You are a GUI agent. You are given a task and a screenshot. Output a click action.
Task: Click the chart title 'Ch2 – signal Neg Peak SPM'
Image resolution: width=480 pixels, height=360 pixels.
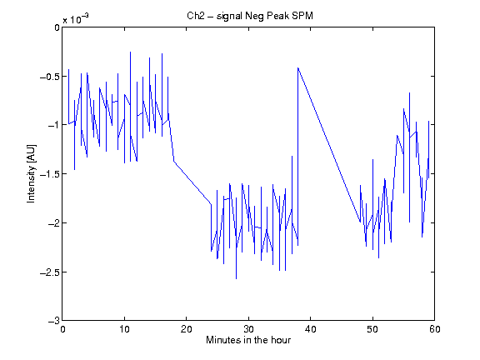[x=250, y=16]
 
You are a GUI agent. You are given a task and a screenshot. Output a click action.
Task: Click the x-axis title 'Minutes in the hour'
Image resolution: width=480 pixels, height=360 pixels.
[x=248, y=340]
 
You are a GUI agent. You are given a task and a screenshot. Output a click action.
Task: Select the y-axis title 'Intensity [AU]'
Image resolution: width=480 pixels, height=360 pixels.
[x=31, y=173]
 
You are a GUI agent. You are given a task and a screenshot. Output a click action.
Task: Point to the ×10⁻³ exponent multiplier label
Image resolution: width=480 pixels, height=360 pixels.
[x=76, y=19]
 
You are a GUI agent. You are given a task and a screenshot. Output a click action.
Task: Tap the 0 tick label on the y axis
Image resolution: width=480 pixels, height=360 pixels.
[x=57, y=27]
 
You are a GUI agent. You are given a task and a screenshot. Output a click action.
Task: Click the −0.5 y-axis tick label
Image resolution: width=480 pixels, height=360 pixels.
[x=50, y=77]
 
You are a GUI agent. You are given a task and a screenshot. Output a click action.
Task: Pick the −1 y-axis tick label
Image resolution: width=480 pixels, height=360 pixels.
[x=53, y=125]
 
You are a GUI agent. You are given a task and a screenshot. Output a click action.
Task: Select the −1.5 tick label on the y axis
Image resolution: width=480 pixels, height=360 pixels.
[x=50, y=174]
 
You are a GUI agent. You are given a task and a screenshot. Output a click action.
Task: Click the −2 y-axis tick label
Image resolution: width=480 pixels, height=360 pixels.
[x=53, y=222]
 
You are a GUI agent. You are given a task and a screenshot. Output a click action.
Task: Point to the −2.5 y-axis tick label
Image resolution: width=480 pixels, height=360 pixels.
[x=50, y=272]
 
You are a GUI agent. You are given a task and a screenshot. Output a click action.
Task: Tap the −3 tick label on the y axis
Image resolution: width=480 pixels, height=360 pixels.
[x=53, y=321]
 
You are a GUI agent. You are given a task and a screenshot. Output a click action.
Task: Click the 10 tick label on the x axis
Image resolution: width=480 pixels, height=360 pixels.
[x=124, y=329]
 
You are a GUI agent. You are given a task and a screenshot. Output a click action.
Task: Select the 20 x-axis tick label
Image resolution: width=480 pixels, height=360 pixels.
[x=186, y=329]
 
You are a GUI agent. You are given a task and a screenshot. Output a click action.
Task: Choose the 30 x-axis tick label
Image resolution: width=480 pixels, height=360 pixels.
[x=248, y=329]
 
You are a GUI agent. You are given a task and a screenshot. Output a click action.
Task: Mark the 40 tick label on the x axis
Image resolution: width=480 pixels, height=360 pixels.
[x=310, y=329]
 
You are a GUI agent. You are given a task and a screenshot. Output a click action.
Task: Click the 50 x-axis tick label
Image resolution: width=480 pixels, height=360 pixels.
[x=372, y=329]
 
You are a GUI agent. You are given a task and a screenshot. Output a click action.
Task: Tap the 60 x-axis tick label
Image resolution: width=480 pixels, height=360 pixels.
[x=435, y=329]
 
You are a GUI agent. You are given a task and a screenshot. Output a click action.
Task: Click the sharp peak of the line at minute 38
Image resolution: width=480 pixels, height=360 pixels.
[x=297, y=67]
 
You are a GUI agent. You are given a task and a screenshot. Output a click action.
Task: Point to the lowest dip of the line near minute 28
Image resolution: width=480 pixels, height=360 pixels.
[x=236, y=279]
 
